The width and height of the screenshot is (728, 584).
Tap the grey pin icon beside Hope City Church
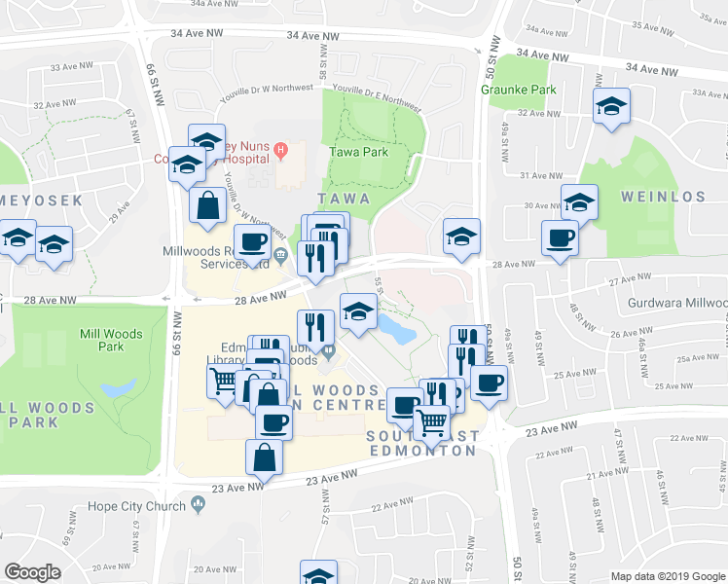[x=200, y=504]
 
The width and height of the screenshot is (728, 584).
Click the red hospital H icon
[x=281, y=150]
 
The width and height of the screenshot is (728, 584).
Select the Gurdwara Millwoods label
[x=685, y=303]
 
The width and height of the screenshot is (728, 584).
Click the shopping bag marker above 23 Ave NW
[x=266, y=457]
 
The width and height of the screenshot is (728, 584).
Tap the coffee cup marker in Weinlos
[x=561, y=237]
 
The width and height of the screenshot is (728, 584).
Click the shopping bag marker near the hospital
[x=208, y=205]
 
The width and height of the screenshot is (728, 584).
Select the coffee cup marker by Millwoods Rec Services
[x=252, y=242]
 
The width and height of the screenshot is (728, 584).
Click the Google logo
[x=32, y=572]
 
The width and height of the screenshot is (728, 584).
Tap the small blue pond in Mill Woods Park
[x=118, y=387]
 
